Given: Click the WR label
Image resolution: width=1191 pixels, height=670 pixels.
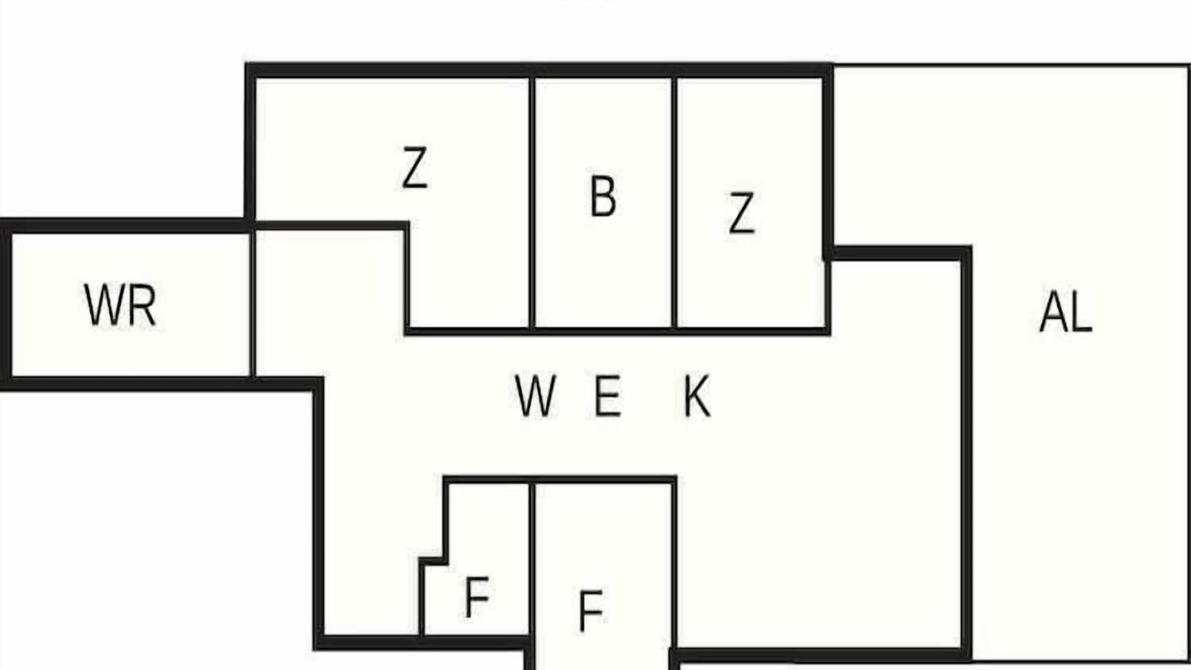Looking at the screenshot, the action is (120, 305).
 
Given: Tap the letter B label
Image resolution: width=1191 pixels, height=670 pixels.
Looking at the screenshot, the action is (603, 196).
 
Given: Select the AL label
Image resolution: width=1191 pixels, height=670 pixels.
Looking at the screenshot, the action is (1065, 314).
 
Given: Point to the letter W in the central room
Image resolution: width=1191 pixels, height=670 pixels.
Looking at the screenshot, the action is (535, 395).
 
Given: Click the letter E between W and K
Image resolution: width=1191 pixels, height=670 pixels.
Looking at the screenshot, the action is (608, 395).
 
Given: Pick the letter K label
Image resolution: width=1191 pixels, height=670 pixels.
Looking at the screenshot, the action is (697, 396).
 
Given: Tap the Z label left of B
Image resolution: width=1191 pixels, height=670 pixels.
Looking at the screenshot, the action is (414, 168).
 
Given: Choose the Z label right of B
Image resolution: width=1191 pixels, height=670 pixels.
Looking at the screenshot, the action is (742, 213).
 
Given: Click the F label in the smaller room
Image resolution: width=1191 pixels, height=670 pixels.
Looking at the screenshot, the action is (476, 597).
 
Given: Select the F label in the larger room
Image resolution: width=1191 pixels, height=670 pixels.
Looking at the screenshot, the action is (590, 611).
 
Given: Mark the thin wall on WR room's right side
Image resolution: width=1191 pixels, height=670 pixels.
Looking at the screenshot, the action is (252, 304).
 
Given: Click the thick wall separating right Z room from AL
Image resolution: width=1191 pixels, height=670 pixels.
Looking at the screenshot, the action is (827, 161).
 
